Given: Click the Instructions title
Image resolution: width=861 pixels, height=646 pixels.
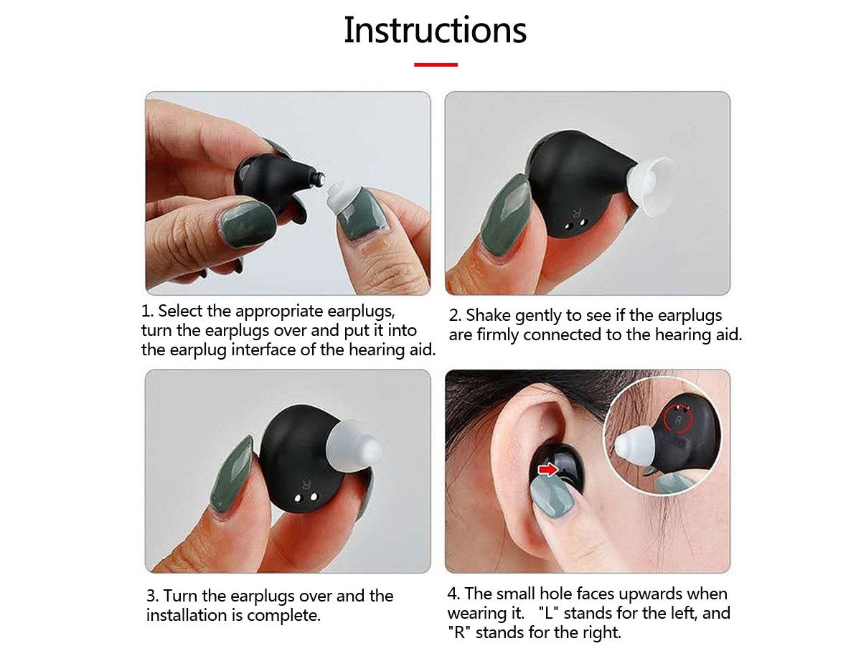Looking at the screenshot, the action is (x=435, y=30).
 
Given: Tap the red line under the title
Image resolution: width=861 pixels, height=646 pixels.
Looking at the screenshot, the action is (x=436, y=65).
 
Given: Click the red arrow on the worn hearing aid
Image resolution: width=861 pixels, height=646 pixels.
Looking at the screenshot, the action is (x=548, y=469).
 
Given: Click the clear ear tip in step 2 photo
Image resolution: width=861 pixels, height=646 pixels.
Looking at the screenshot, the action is (x=650, y=187).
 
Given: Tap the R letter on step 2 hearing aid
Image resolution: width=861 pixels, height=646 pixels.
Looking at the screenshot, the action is (x=576, y=214).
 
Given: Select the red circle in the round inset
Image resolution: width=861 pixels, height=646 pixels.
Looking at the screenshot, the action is (x=678, y=419).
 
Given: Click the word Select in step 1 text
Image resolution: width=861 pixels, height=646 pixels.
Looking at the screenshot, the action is (x=180, y=311).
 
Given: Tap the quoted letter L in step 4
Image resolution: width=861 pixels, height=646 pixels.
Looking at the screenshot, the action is (x=549, y=613).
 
